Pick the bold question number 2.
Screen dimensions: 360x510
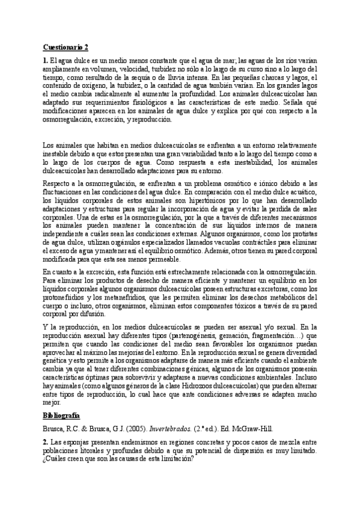(x=45, y=441)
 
